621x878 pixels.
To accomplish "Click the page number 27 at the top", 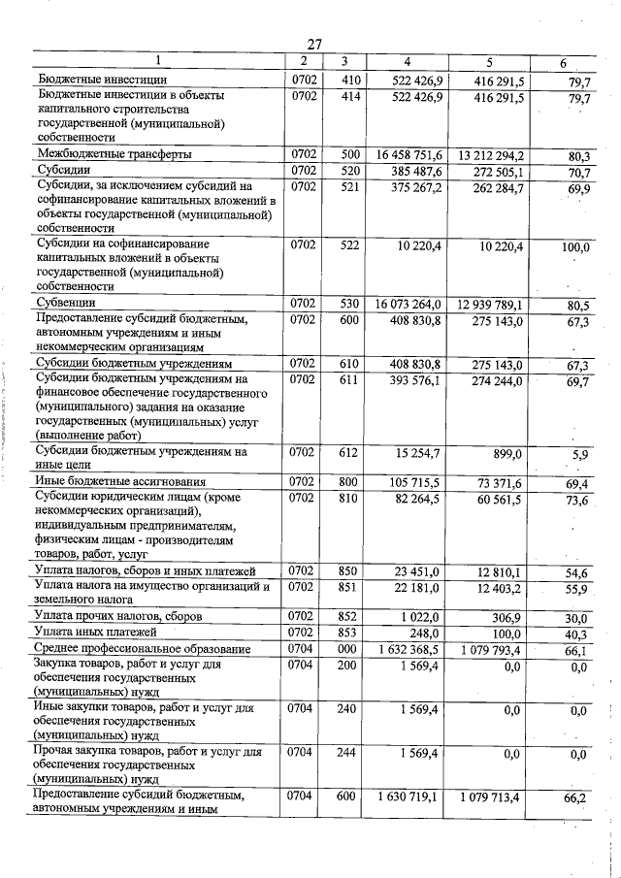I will (314, 44).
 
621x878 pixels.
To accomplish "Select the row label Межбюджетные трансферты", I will (114, 154).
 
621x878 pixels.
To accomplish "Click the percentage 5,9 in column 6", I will (580, 454).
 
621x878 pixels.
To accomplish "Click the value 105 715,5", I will (415, 482).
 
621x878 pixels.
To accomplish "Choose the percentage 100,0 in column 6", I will (575, 247).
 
